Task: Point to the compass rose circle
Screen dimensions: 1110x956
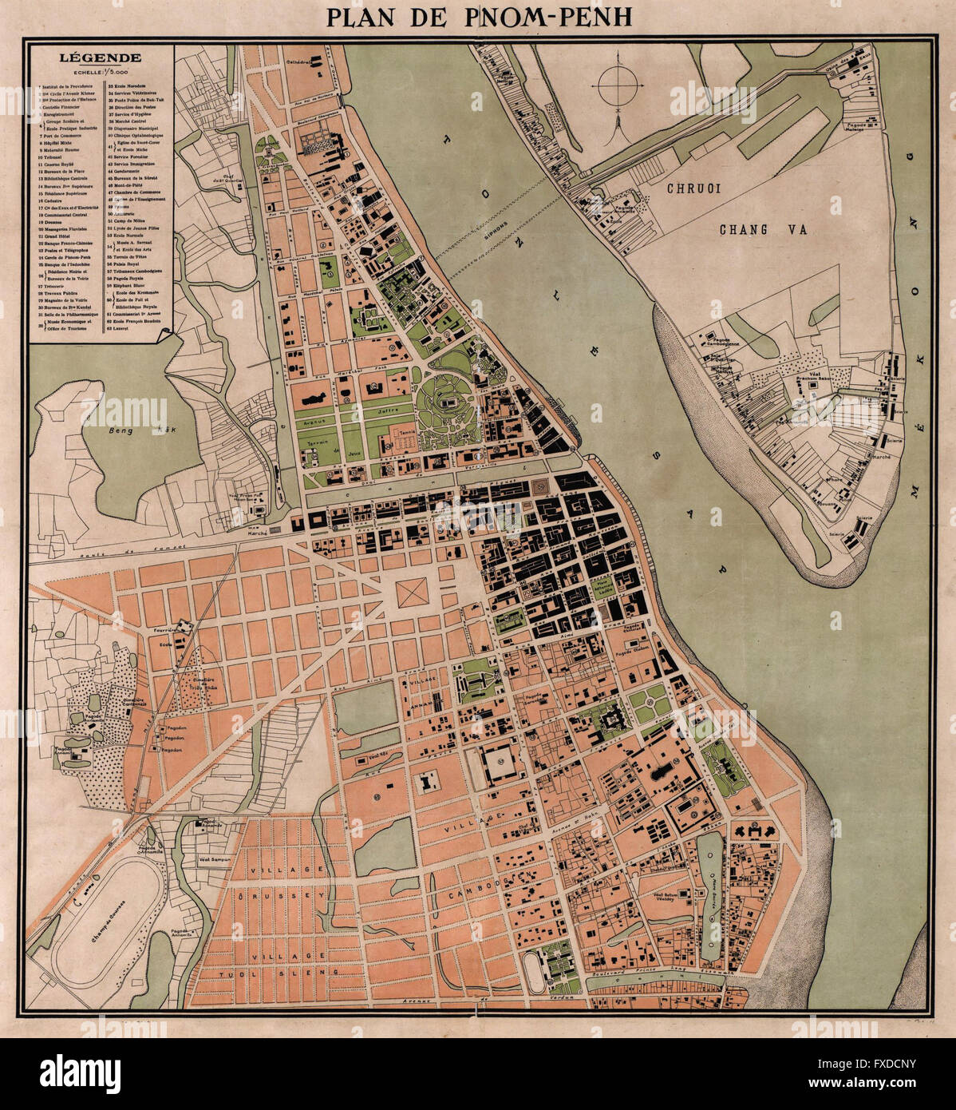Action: [615, 82]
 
